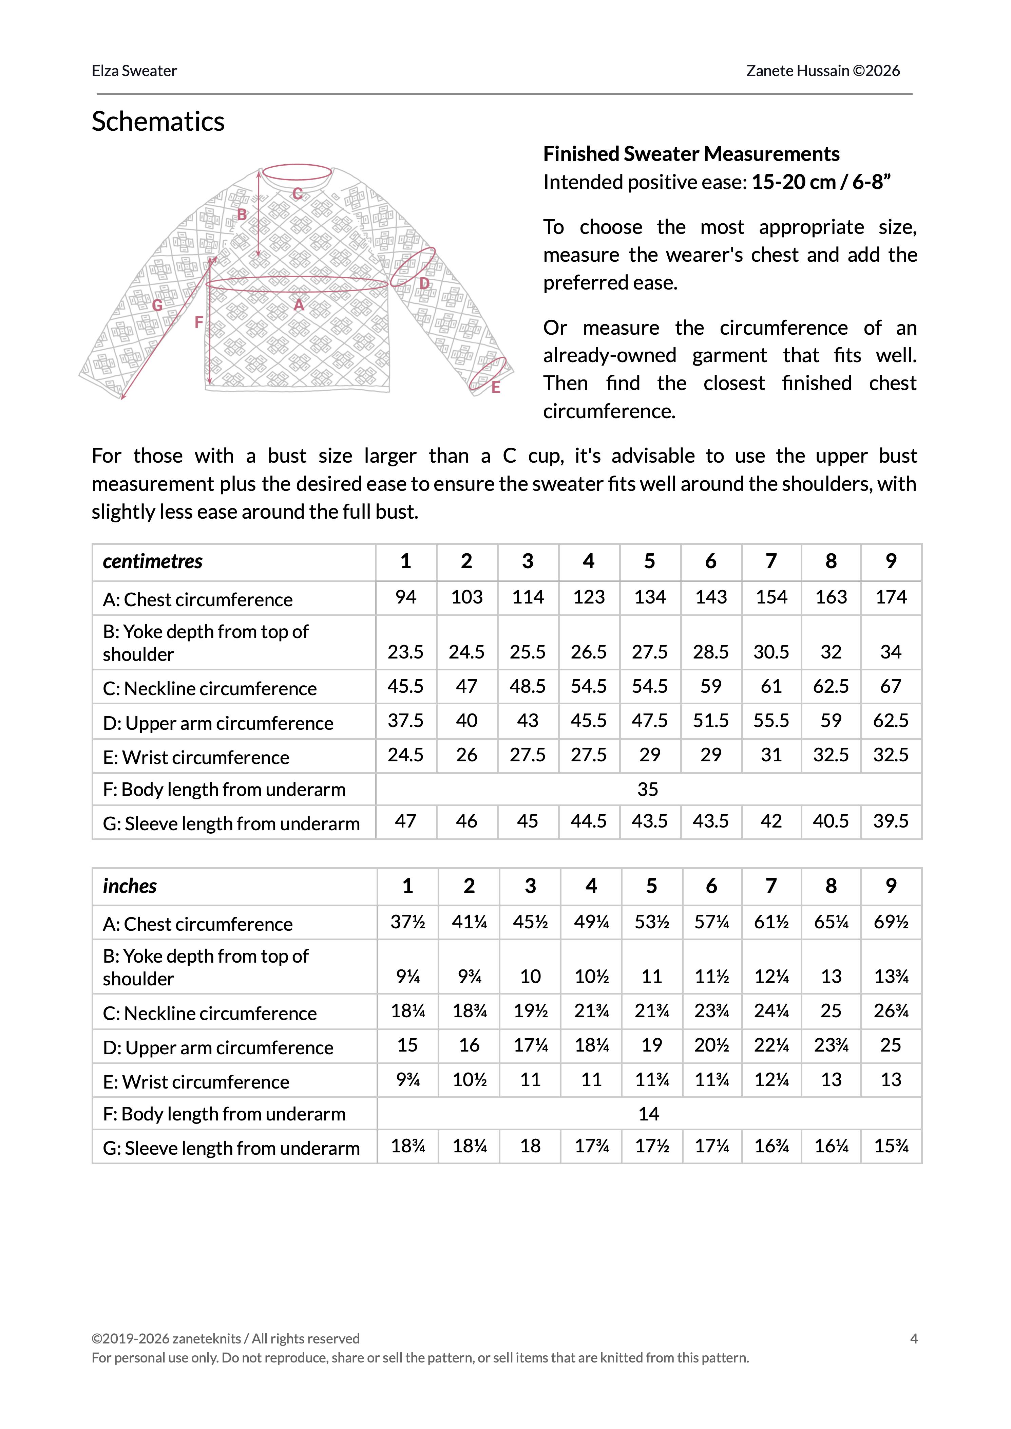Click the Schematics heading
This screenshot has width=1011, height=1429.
(158, 122)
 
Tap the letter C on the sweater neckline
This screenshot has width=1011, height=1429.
(298, 194)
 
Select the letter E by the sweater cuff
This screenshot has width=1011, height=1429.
(496, 387)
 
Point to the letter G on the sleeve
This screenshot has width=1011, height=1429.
(157, 305)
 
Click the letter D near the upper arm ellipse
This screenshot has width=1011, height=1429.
(424, 284)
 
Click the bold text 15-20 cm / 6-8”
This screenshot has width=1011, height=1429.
(821, 182)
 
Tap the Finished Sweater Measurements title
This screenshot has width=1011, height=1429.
(691, 154)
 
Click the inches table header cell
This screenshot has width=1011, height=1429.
(130, 886)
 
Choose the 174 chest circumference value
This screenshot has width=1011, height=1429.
(891, 597)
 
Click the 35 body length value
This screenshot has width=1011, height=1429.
(647, 790)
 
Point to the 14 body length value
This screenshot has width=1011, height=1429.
(649, 1114)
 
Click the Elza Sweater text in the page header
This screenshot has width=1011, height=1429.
(134, 71)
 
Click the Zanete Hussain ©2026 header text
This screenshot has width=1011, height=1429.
(823, 71)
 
